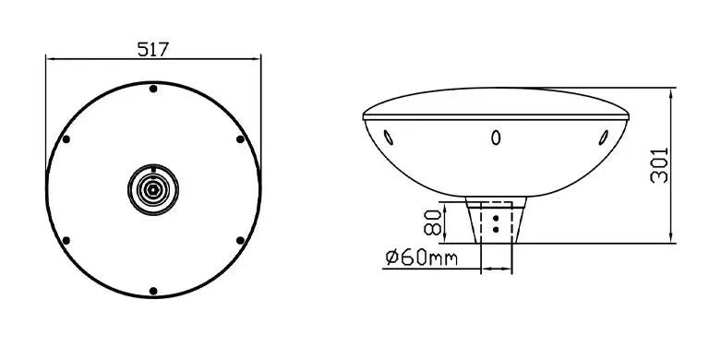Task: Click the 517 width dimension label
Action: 153,49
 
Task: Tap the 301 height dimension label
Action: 659,165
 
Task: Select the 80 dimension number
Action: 433,222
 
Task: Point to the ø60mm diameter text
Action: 422,258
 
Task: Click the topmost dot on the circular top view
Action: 153,89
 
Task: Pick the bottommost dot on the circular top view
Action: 153,291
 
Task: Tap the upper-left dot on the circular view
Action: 66,139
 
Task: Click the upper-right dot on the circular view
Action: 240,139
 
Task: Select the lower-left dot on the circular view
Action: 66,240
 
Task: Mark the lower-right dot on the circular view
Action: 240,240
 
